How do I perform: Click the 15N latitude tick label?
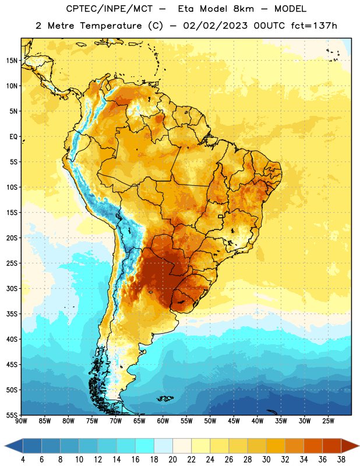tap(12, 61)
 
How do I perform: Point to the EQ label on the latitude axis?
tap(13, 137)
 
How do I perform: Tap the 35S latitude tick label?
tap(12, 314)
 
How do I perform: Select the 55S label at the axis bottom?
tap(12, 415)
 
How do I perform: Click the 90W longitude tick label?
tap(21, 421)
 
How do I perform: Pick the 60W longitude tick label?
tap(163, 421)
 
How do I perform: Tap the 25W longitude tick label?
tap(328, 421)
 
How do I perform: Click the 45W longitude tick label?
tap(234, 421)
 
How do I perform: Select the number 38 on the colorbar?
tap(341, 460)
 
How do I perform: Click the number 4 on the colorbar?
tap(23, 460)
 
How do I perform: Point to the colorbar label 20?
tap(172, 460)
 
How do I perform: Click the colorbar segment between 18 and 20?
tap(164, 446)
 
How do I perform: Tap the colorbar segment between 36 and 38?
tap(332, 446)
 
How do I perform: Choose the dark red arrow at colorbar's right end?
tap(350, 446)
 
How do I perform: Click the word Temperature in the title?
tap(111, 26)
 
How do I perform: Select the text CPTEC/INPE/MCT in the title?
tap(109, 9)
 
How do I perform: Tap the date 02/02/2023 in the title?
tap(215, 26)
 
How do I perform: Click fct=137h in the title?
tap(314, 26)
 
